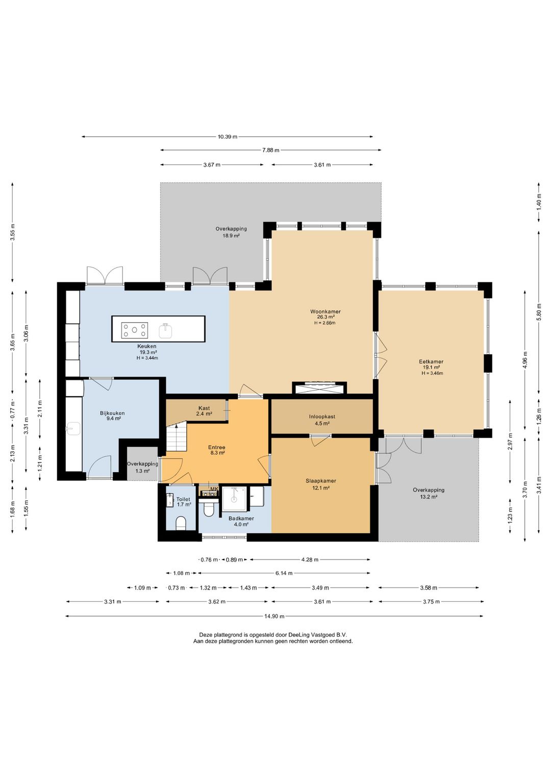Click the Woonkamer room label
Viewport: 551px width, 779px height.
[325, 311]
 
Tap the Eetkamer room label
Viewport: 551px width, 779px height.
[431, 361]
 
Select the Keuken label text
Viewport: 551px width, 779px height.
[147, 346]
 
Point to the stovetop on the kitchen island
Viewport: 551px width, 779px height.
[135, 330]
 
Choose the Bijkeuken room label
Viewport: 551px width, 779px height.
[112, 413]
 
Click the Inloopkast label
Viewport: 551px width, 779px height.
[322, 416]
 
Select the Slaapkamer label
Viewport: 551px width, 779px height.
[321, 480]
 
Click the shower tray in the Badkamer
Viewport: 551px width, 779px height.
[235, 499]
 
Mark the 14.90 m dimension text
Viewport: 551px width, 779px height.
[274, 616]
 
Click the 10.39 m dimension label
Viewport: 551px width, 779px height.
[228, 137]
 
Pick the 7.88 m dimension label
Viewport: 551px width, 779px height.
[271, 150]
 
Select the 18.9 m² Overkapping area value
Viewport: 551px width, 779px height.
[231, 235]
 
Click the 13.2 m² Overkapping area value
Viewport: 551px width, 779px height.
[428, 497]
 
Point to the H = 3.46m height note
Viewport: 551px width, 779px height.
[432, 373]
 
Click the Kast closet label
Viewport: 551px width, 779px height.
[204, 408]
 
